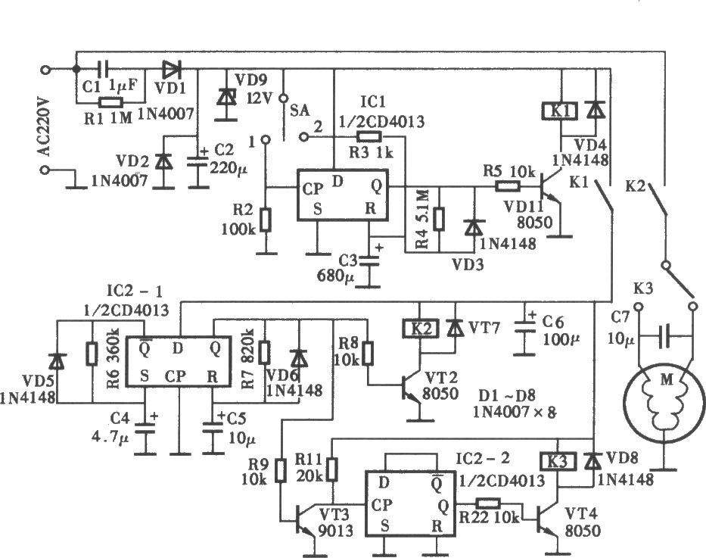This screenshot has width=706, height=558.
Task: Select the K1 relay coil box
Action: coord(560,111)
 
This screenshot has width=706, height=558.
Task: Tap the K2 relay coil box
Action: coord(420,329)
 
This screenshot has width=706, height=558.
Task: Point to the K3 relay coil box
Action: coord(558,462)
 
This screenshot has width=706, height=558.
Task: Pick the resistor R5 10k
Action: coord(508,185)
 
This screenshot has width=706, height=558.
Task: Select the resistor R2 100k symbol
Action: coord(266,220)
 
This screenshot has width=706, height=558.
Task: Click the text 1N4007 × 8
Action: coord(515,412)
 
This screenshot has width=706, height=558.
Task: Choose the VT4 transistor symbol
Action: coord(548,520)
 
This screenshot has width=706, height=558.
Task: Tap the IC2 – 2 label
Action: coord(483,459)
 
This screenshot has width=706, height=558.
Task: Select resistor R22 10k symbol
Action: coord(487,503)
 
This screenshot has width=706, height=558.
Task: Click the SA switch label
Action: coord(300,110)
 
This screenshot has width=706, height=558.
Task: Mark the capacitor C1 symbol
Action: coord(104,69)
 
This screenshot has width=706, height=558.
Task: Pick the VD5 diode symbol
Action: coord(57,360)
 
